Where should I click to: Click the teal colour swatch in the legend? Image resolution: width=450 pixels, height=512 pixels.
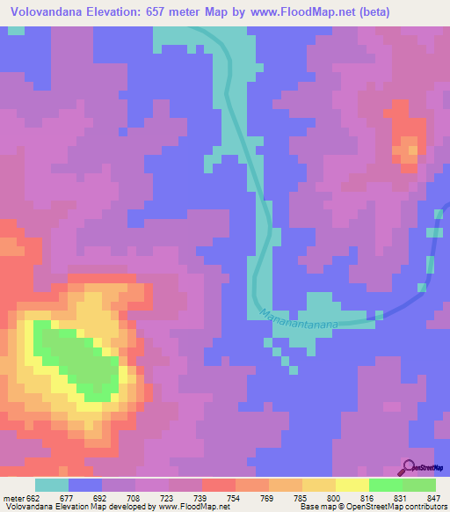[52, 486]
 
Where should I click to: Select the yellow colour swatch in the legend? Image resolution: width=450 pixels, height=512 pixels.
[352, 486]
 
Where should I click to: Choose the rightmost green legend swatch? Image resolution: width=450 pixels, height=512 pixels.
[419, 486]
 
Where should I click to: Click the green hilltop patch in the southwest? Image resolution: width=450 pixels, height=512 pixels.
[79, 356]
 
